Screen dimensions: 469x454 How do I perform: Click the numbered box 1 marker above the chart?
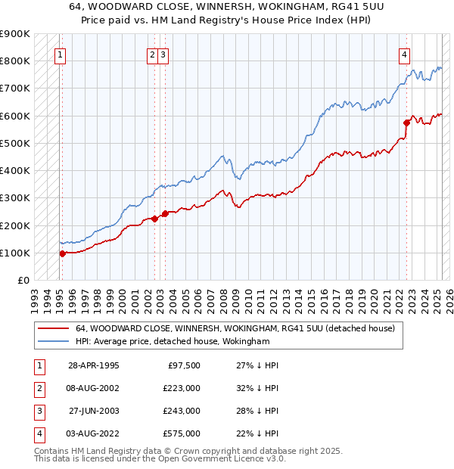tap(60, 54)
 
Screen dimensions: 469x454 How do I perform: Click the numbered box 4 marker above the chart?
tap(405, 54)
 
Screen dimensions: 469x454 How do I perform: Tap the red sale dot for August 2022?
tap(406, 122)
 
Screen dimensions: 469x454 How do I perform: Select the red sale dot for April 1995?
tap(62, 253)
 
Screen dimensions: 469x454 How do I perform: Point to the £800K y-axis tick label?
tap(15, 61)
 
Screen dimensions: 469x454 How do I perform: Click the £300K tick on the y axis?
tap(15, 198)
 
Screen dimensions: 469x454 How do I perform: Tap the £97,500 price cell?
tap(184, 365)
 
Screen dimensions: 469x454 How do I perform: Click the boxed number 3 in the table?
tap(39, 411)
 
